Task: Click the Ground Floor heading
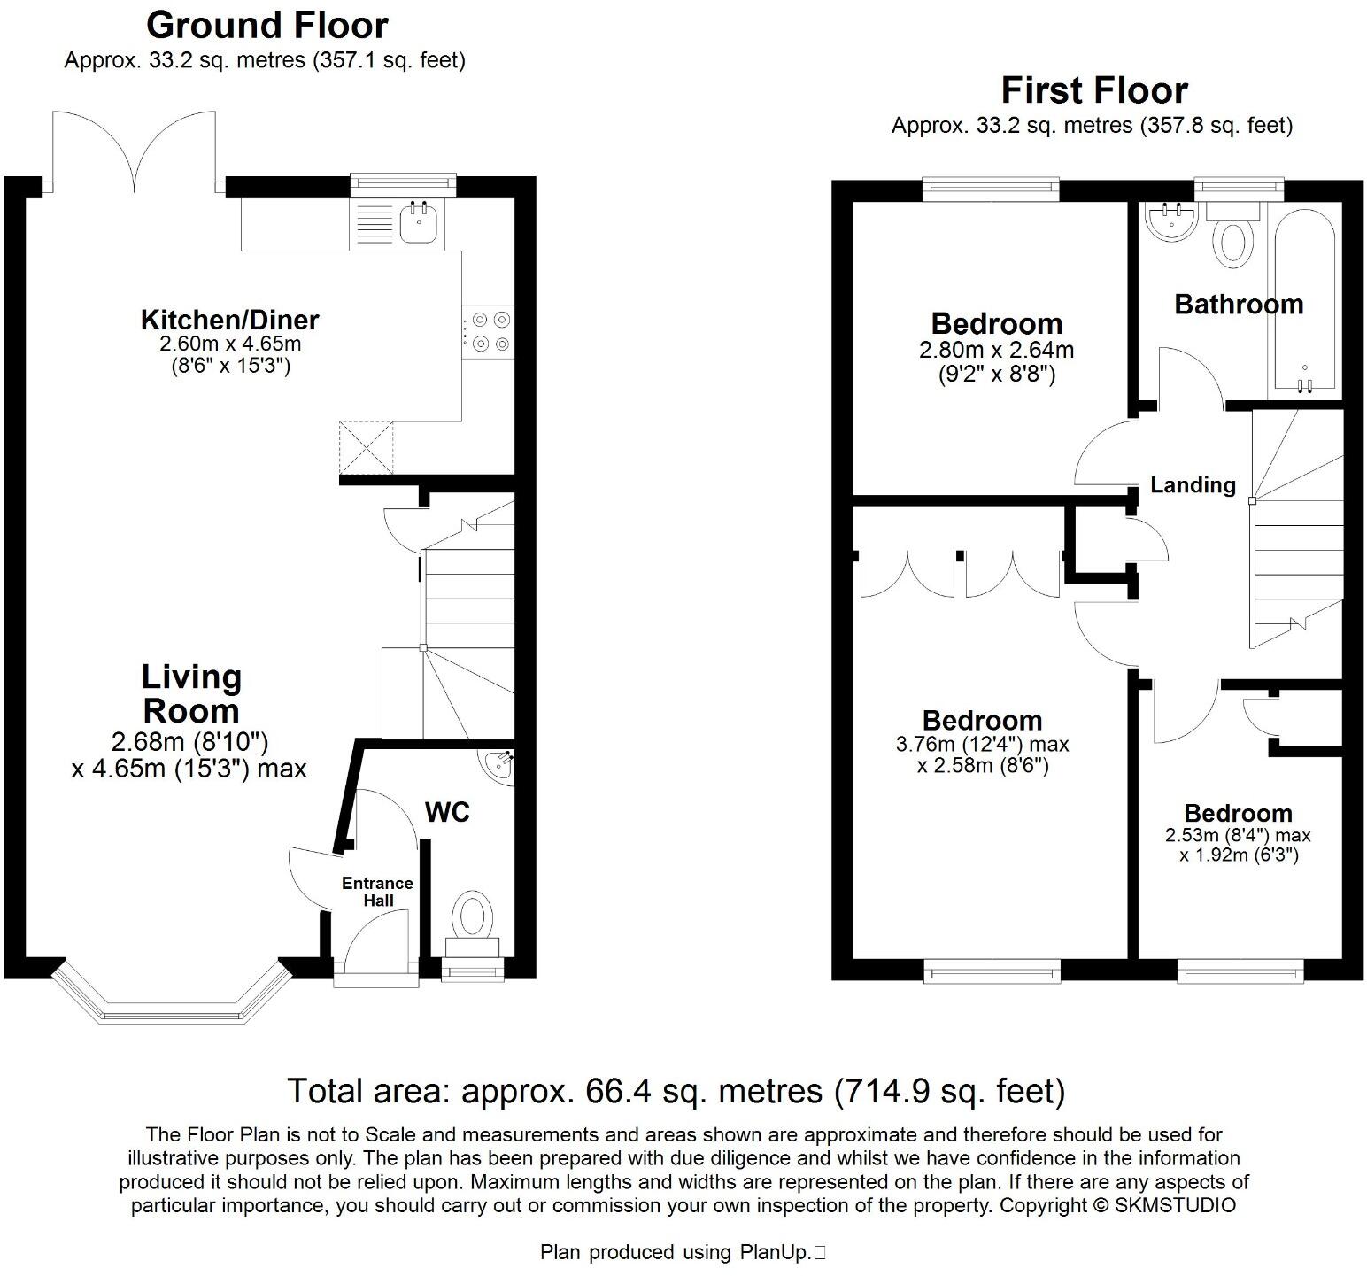266,26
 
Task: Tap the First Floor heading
1093,90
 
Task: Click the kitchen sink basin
419,223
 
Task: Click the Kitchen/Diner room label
229,320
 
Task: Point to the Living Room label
190,693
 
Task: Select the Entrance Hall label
377,892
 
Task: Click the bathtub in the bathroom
1306,301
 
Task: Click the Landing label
1193,485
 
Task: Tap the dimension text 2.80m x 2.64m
996,350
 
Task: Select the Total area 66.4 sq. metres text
676,1091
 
